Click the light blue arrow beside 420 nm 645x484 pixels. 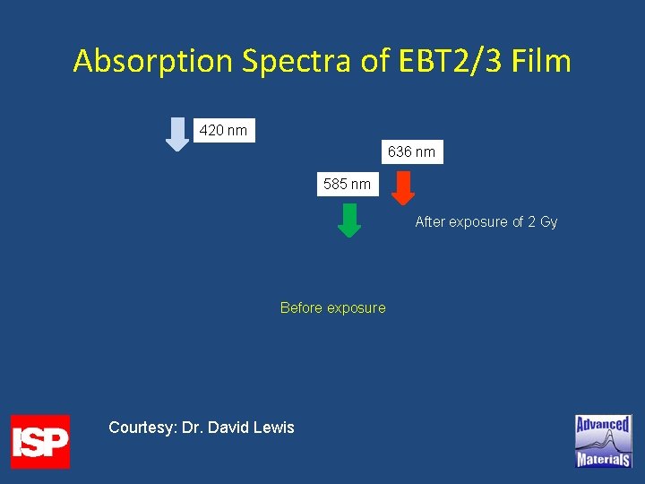[179, 134]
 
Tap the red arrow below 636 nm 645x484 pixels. [404, 187]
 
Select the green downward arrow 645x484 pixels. [349, 220]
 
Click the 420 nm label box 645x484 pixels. [224, 130]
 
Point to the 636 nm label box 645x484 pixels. [411, 151]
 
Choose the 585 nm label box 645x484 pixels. [348, 184]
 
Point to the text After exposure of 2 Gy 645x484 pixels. [486, 221]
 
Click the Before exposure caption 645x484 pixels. [332, 307]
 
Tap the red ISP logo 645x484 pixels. [40, 441]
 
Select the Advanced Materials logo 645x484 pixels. [603, 441]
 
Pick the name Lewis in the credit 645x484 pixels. [272, 428]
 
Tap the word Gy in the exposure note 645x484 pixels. [548, 221]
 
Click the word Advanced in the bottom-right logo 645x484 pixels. [603, 424]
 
